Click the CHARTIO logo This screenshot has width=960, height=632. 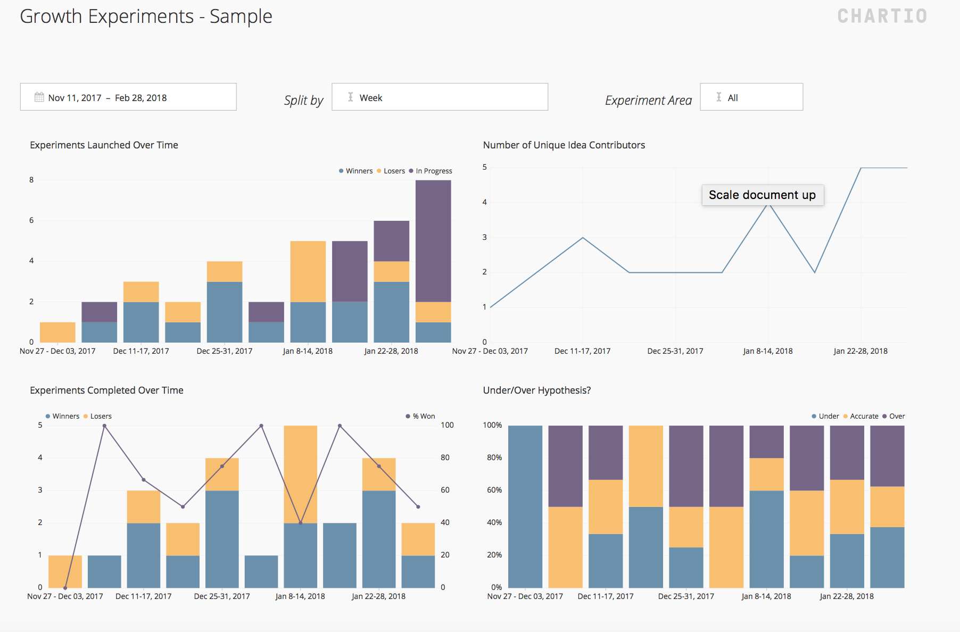point(882,16)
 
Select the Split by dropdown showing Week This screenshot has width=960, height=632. point(439,97)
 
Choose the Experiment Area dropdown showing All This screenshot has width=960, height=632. point(751,97)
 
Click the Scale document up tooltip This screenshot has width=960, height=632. point(762,195)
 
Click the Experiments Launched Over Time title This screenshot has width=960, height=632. point(104,145)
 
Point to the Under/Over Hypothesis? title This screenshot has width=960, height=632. point(536,390)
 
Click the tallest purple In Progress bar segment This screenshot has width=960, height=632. point(433,240)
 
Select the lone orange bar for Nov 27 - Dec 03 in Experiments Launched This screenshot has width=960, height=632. point(57,332)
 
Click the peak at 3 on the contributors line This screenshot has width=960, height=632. point(583,238)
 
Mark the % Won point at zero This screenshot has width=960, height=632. point(65,588)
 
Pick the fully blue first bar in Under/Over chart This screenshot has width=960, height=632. point(525,506)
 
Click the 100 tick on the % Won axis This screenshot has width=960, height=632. point(447,425)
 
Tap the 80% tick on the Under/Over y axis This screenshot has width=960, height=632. point(494,458)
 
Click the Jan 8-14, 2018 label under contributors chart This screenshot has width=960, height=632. point(767,351)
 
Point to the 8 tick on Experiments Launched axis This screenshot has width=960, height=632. point(31,180)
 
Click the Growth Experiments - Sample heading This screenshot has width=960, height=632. point(146,16)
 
